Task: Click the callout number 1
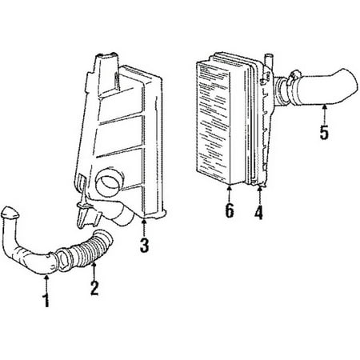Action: (x=46, y=301)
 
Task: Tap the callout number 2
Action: (x=94, y=288)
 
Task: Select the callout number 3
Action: (x=144, y=245)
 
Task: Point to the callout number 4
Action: (x=258, y=212)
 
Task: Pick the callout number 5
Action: (x=324, y=132)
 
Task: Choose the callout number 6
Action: (x=230, y=210)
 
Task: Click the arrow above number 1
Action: (x=46, y=283)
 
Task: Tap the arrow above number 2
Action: (x=94, y=270)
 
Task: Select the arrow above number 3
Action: (x=144, y=227)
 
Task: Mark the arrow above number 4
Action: (x=259, y=195)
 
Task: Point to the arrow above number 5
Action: (x=324, y=114)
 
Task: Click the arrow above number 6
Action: (x=229, y=194)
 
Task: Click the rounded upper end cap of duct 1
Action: (x=10, y=213)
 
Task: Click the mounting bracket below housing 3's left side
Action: (x=86, y=214)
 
